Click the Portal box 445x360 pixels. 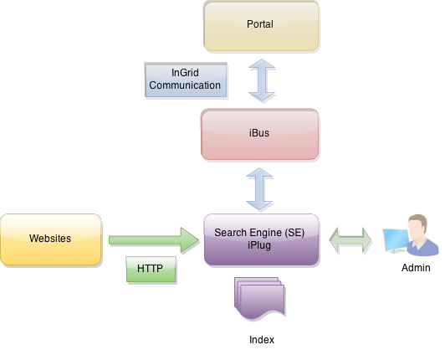(x=261, y=26)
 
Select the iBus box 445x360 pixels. (x=260, y=134)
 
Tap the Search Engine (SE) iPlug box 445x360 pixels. (x=261, y=239)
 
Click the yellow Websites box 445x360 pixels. (x=50, y=239)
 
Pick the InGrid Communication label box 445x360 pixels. (x=185, y=80)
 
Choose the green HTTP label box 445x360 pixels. (x=151, y=270)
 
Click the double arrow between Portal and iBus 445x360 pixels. (x=262, y=80)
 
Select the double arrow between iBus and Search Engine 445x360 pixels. (x=260, y=188)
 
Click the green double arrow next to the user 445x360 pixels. (x=350, y=241)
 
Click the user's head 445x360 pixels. (x=417, y=225)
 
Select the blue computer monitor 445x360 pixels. (x=395, y=241)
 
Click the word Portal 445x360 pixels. (x=260, y=24)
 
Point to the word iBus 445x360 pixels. (x=260, y=134)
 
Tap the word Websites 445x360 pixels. (x=50, y=239)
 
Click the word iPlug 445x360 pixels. (x=260, y=245)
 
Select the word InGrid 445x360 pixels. (x=185, y=74)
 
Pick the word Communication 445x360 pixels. (x=185, y=85)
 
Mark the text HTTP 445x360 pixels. (x=151, y=270)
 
